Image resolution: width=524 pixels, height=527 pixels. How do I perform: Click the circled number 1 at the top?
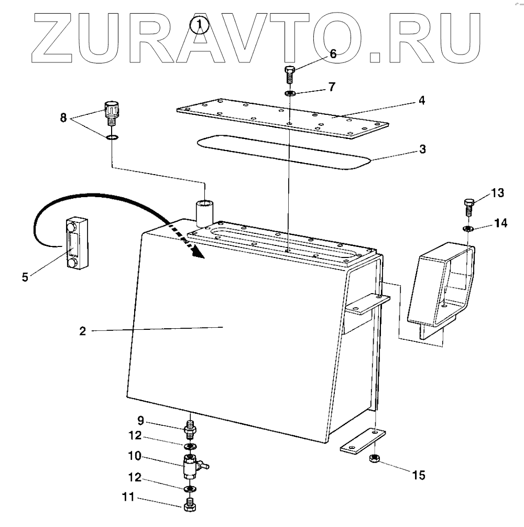(x=198, y=25)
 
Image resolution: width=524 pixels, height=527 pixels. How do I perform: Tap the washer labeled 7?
(x=290, y=93)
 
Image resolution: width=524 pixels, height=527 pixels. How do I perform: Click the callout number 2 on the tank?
(x=83, y=331)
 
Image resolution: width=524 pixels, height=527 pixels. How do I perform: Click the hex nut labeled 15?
(x=375, y=459)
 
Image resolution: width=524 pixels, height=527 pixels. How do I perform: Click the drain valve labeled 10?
(x=191, y=466)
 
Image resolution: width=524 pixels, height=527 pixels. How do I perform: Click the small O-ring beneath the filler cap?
(x=111, y=138)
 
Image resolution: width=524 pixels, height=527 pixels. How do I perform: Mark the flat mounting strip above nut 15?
(x=363, y=440)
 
